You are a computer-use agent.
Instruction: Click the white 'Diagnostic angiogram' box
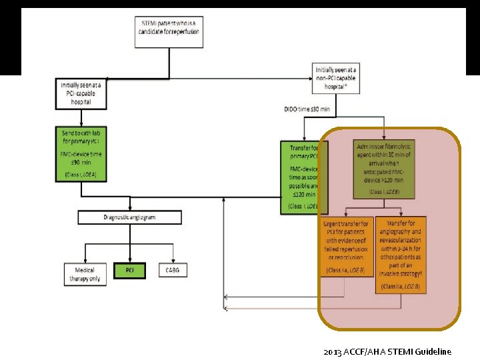[x=129, y=217]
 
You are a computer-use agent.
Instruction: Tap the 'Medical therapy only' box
[x=85, y=274]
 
